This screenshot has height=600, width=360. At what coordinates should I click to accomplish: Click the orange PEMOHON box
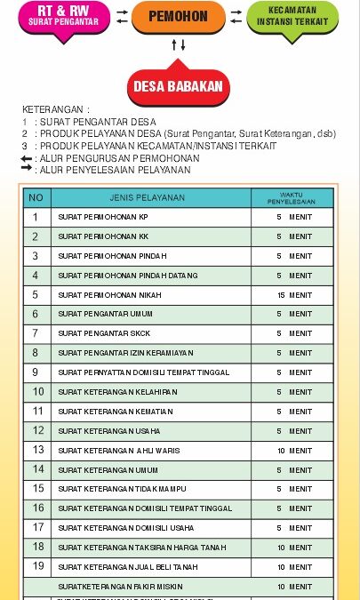pyautogui.click(x=178, y=17)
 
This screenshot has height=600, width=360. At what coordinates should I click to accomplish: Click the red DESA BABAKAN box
pyautogui.click(x=178, y=86)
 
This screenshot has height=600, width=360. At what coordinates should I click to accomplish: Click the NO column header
pyautogui.click(x=36, y=197)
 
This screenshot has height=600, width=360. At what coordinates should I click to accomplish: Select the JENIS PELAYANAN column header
pyautogui.click(x=148, y=197)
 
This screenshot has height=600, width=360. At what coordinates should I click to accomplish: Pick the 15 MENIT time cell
pyautogui.click(x=293, y=295)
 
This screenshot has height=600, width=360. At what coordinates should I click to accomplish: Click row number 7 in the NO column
pyautogui.click(x=36, y=333)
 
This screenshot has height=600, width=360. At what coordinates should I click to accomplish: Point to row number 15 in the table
pyautogui.click(x=36, y=489)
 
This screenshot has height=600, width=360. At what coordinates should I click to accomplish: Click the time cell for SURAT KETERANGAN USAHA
pyautogui.click(x=293, y=431)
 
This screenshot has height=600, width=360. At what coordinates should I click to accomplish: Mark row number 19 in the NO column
pyautogui.click(x=36, y=566)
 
